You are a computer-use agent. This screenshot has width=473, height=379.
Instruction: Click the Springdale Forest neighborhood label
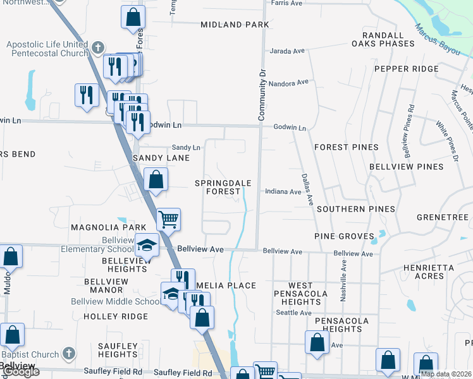223,187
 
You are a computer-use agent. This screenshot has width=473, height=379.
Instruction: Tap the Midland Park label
235,25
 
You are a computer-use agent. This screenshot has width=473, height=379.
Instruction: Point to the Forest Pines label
346,147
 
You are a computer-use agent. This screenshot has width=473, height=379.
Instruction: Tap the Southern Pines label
356,209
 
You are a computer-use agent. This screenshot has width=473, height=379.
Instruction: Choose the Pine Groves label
344,236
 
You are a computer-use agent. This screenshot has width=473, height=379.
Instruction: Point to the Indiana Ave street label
283,191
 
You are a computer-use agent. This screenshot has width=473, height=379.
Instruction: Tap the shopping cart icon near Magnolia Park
168,219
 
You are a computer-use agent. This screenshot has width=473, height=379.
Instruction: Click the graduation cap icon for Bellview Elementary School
147,244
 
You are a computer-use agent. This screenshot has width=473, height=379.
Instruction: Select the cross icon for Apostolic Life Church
97,47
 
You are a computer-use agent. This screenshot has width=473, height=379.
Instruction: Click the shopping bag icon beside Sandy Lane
156,179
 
